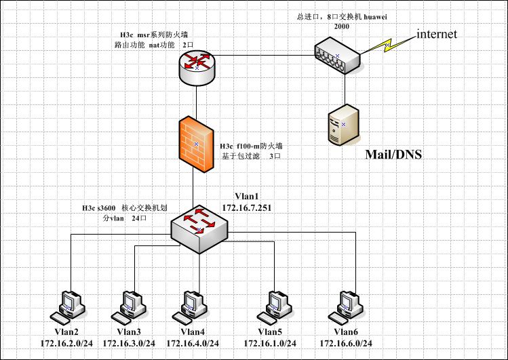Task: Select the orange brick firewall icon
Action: pyautogui.click(x=197, y=144)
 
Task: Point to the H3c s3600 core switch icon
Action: pyautogui.click(x=199, y=229)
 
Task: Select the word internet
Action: pyautogui.click(x=436, y=34)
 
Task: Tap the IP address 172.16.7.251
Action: pyautogui.click(x=247, y=207)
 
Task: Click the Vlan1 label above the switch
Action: pyautogui.click(x=247, y=196)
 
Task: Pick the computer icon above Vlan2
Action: pyautogui.click(x=71, y=306)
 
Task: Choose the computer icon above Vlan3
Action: pyautogui.click(x=132, y=306)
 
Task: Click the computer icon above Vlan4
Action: pyautogui.click(x=193, y=306)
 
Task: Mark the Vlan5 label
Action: pyautogui.click(x=271, y=332)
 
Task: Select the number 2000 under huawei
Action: pyautogui.click(x=343, y=26)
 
